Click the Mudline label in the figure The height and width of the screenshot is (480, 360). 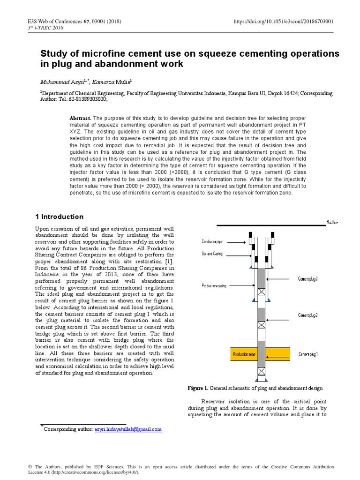tap(332, 222)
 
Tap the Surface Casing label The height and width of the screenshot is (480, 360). tap(212, 254)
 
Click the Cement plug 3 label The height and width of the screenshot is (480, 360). tap(308, 279)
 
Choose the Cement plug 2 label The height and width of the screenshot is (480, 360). tap(308, 315)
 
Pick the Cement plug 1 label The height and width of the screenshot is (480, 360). tap(308, 354)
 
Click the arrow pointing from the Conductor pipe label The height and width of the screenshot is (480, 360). tap(238, 242)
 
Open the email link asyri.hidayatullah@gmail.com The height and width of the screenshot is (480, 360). tap(128, 429)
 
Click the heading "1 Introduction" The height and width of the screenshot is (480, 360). tap(60, 217)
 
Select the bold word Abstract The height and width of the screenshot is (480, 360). tap(80, 118)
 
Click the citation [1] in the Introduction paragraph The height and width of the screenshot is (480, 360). tap(169, 261)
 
